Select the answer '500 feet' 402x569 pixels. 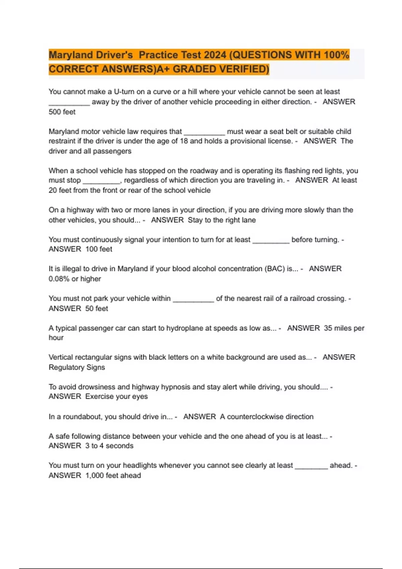(x=62, y=112)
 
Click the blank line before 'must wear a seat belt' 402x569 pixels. (x=204, y=132)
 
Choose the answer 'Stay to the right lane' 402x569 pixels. (x=221, y=220)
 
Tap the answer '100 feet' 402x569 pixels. (x=99, y=249)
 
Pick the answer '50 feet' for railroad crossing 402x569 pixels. (x=96, y=309)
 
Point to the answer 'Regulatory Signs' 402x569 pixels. (x=77, y=368)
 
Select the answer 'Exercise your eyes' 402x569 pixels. (x=116, y=397)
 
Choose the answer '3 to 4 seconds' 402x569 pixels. (x=109, y=446)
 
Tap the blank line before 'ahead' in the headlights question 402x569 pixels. (x=311, y=466)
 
